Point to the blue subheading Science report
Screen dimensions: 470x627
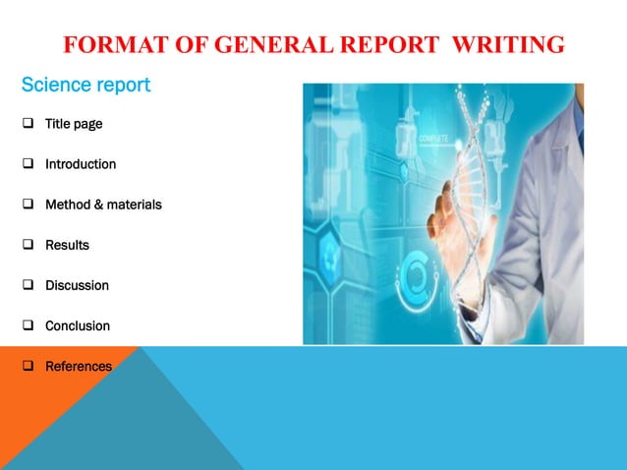tap(85, 86)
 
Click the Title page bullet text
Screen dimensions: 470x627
tap(74, 124)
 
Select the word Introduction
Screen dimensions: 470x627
tap(81, 164)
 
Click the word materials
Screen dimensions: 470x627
tap(134, 205)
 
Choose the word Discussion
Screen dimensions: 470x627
tap(77, 285)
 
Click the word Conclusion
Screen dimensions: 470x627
tap(78, 325)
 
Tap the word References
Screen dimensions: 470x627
tap(79, 367)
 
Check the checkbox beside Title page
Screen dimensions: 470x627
tap(28, 124)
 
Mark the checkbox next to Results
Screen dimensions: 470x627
tap(28, 245)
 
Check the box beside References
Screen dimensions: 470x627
tap(28, 367)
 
